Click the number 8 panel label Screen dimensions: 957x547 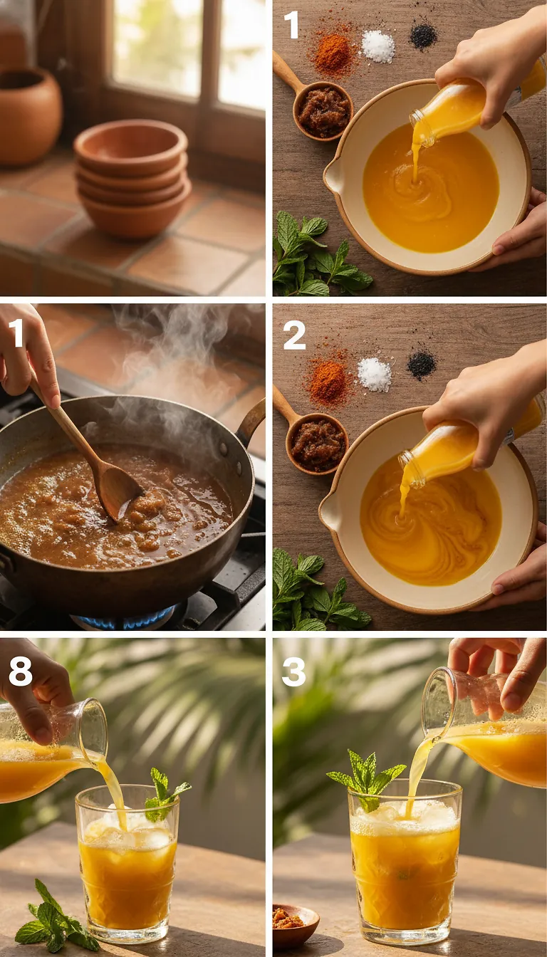click(20, 671)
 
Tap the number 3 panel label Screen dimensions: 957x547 click(293, 671)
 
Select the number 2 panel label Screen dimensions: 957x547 click(293, 335)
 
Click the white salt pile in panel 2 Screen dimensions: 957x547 click(374, 374)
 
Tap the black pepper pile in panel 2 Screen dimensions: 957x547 click(421, 365)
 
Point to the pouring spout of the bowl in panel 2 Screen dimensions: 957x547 click(330, 511)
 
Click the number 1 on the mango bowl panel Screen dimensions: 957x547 click(291, 25)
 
